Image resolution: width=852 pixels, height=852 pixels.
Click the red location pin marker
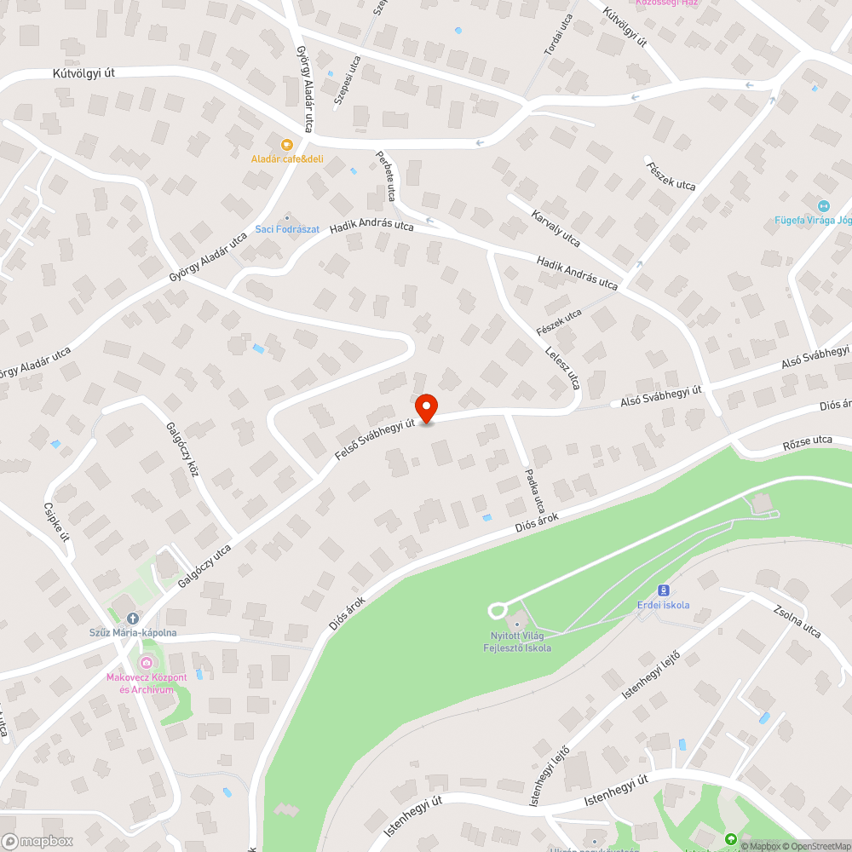(425, 406)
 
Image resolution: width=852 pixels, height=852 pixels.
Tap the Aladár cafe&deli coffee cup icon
(287, 145)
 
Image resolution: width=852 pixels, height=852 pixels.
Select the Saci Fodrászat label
(287, 229)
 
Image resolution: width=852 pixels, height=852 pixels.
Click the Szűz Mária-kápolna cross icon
(132, 618)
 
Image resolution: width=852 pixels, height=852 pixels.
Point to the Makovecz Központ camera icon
(147, 664)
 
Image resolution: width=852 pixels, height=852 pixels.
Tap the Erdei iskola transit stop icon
(664, 590)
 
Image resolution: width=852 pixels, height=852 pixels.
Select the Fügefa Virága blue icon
(823, 205)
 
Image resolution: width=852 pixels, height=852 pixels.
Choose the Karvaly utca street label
(556, 227)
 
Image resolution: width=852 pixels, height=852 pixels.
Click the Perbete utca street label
(385, 176)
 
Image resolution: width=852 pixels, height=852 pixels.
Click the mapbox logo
(38, 841)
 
